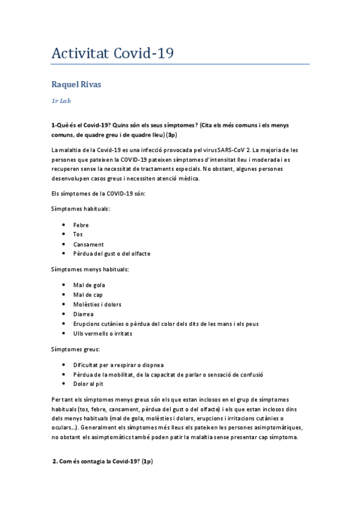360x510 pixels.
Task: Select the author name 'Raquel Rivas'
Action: tap(76, 84)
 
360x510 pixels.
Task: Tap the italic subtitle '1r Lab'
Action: tap(62, 101)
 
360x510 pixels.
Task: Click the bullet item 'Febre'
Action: tap(81, 225)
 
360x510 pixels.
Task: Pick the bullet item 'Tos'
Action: tap(78, 235)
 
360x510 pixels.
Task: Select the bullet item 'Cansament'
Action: tap(88, 244)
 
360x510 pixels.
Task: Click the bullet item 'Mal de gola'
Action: tap(89, 285)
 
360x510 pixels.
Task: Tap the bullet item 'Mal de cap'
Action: tap(88, 295)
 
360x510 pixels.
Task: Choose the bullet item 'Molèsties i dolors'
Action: tap(97, 304)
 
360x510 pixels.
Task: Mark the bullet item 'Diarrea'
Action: tap(84, 314)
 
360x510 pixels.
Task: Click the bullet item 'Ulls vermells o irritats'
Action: tap(103, 333)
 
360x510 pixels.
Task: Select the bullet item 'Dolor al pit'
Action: tap(89, 384)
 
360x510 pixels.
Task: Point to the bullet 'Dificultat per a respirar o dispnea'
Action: tap(118, 364)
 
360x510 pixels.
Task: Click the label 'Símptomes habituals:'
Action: tap(81, 209)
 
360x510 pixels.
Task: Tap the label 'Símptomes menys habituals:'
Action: tap(90, 269)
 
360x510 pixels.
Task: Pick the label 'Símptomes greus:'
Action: tap(75, 349)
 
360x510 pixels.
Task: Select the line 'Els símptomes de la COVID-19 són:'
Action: tap(98, 193)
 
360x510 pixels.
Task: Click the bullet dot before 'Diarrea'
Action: tap(64, 314)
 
